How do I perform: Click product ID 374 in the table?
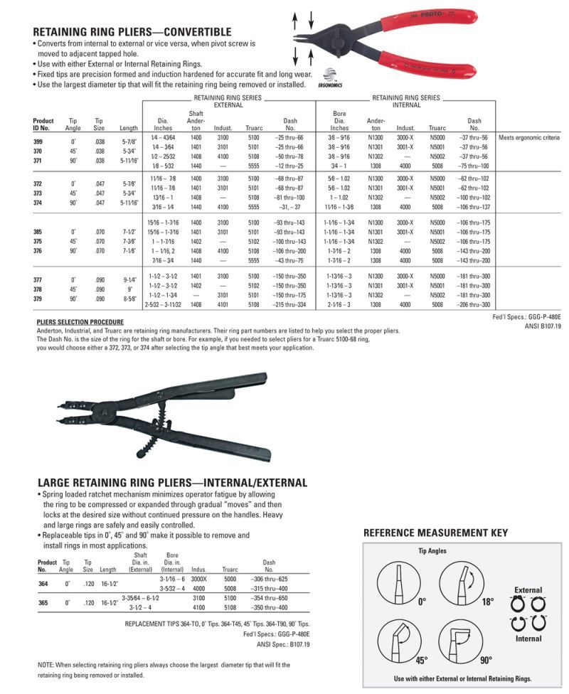pyautogui.click(x=38, y=203)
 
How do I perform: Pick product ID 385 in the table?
pyautogui.click(x=38, y=232)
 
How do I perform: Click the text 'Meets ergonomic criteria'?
pyautogui.click(x=529, y=137)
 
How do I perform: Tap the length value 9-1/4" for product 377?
pyautogui.click(x=129, y=279)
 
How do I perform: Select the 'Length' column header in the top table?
pyautogui.click(x=129, y=127)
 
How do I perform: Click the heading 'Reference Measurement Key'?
pyautogui.click(x=435, y=533)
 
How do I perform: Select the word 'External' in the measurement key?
pyautogui.click(x=528, y=590)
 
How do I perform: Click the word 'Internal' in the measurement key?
pyautogui.click(x=528, y=639)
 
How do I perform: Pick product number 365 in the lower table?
pyautogui.click(x=43, y=602)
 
